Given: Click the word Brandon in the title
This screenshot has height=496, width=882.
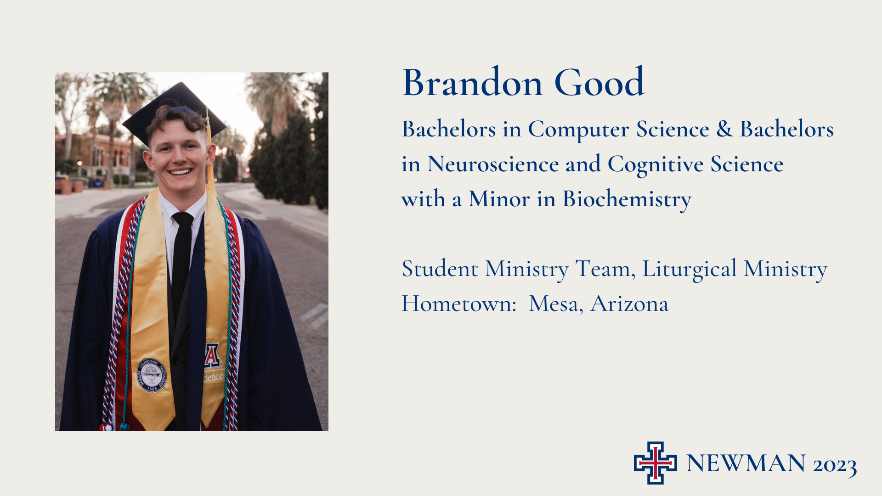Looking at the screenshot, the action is [473, 83].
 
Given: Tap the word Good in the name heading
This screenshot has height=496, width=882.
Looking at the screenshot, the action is [599, 83].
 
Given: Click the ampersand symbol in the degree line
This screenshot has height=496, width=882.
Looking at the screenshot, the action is [724, 129].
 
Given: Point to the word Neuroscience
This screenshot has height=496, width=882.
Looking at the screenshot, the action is [493, 164].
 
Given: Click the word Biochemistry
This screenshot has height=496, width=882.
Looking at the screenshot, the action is [627, 200].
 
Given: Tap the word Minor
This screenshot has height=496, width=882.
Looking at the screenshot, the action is [499, 199].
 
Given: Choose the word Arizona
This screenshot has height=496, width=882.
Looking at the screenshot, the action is [630, 304].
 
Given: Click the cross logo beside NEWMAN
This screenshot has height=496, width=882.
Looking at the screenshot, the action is [656, 463].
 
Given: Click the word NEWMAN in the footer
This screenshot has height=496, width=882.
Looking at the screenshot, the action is [746, 463].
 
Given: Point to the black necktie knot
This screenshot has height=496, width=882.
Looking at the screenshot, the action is [183, 219].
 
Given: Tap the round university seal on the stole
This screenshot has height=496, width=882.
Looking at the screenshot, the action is [152, 375].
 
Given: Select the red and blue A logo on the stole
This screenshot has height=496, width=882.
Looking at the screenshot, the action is [212, 355].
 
